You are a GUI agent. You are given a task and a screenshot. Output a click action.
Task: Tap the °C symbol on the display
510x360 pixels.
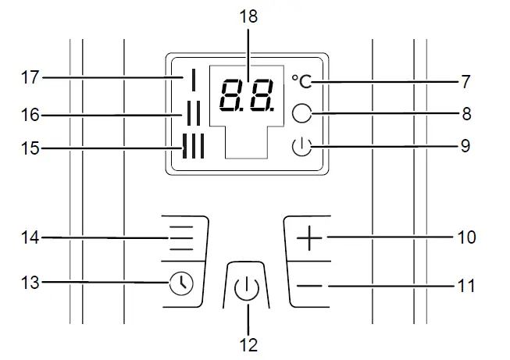[x=302, y=80]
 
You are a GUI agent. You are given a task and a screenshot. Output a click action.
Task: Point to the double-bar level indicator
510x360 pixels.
[x=191, y=115]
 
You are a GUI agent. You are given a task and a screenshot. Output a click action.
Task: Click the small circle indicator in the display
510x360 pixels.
[x=302, y=113]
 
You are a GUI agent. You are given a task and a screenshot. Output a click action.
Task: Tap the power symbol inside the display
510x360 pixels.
[x=301, y=146]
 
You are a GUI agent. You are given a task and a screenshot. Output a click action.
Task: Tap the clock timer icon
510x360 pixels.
[x=180, y=283]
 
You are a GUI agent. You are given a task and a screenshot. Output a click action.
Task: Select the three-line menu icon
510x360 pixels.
[x=181, y=237]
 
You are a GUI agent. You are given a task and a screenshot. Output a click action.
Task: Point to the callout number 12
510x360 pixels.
[x=249, y=344]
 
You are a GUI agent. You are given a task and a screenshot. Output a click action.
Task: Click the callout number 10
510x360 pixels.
[x=466, y=237]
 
